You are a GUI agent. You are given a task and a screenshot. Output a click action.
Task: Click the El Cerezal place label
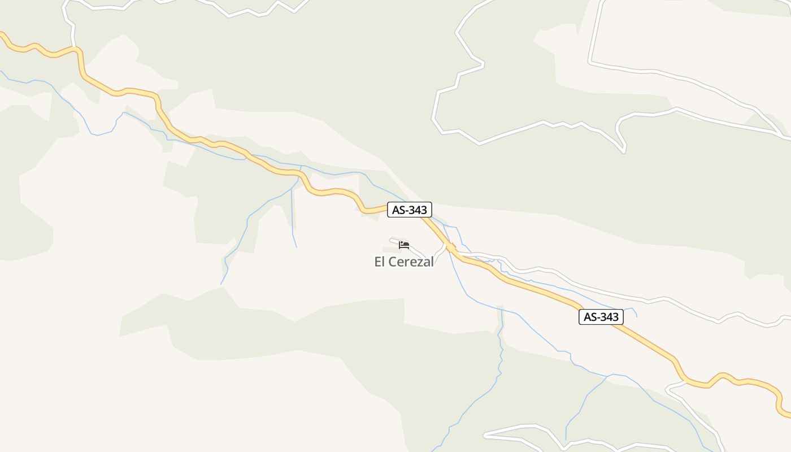pyautogui.click(x=404, y=262)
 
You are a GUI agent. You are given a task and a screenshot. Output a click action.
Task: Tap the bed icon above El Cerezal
pyautogui.click(x=404, y=245)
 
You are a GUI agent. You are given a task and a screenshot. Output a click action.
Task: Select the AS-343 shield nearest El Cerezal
pyautogui.click(x=410, y=210)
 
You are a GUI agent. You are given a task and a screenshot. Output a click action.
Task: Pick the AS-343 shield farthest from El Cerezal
pyautogui.click(x=601, y=317)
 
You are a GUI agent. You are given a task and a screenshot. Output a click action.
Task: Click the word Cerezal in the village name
pyautogui.click(x=412, y=262)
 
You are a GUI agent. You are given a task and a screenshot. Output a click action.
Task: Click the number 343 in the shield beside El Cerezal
pyautogui.click(x=417, y=210)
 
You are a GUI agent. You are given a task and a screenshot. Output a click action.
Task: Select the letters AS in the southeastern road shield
pyautogui.click(x=590, y=317)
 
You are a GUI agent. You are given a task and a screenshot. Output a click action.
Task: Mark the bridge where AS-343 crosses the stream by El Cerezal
pyautogui.click(x=450, y=247)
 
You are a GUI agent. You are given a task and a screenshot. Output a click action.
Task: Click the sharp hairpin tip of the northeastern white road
pyautogui.click(x=624, y=151)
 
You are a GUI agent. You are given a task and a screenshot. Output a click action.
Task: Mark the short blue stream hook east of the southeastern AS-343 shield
pyautogui.click(x=634, y=311)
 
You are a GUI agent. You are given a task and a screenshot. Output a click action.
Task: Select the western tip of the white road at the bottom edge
pyautogui.click(x=485, y=435)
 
